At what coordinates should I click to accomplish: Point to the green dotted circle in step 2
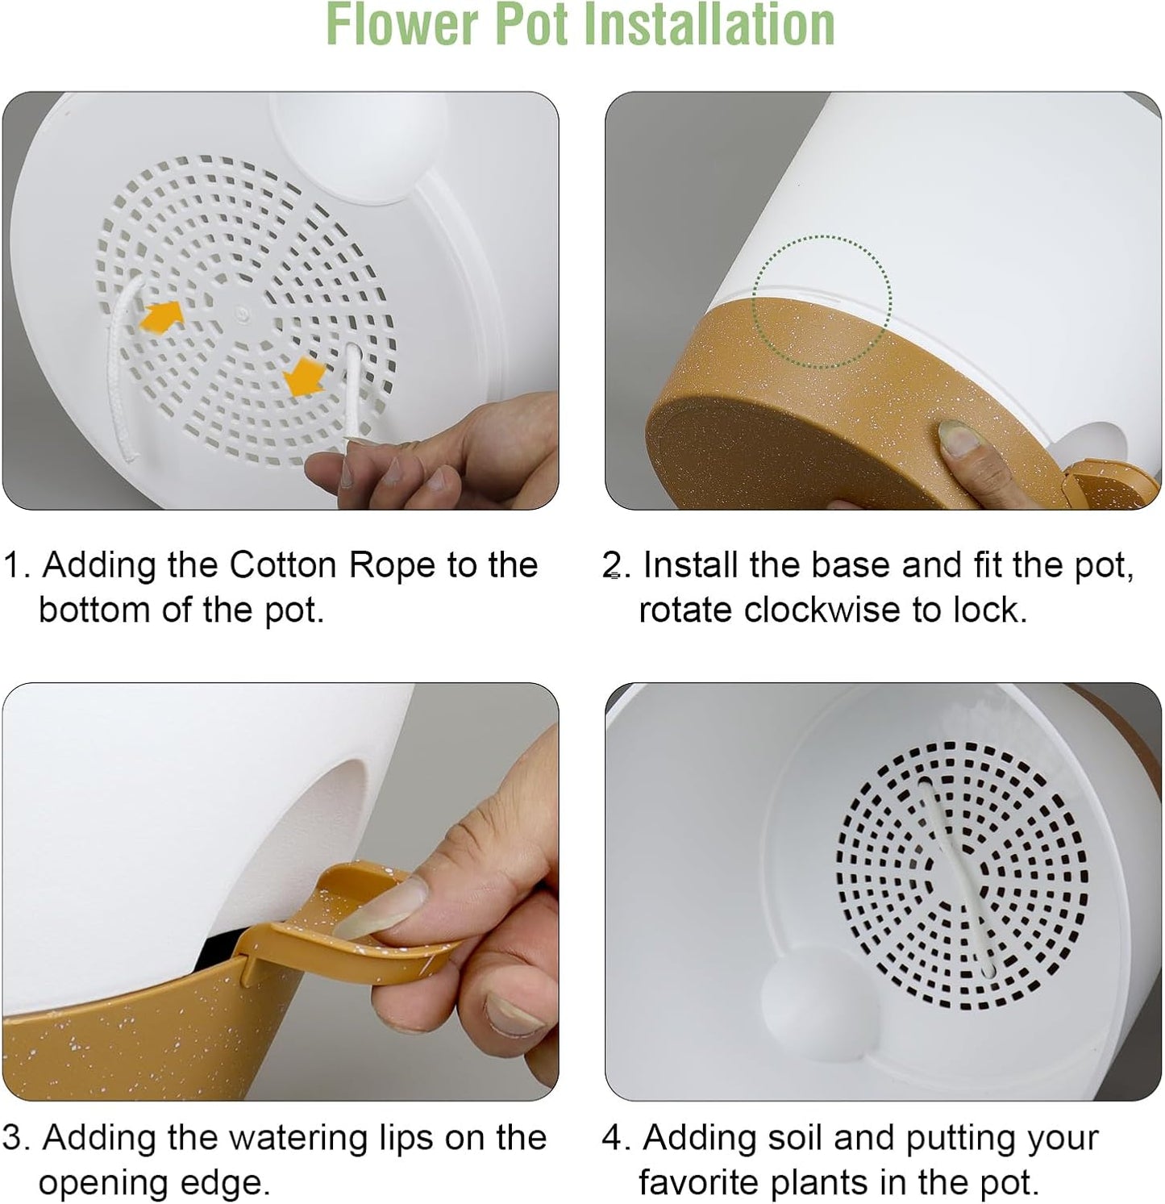pos(822,302)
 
